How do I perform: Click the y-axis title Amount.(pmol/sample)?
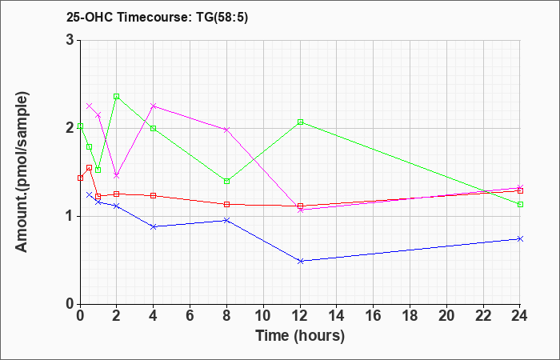pos(22,172)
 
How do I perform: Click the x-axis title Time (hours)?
pos(300,336)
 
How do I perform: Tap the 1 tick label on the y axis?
pos(70,217)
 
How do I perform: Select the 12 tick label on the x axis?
pos(300,316)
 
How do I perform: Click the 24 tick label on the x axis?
pos(520,316)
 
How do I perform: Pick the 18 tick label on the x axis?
pos(410,316)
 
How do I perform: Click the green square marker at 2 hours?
pos(117,97)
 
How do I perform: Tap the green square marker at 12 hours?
pos(300,122)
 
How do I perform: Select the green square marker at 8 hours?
pos(226,182)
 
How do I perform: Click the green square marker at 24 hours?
pos(520,205)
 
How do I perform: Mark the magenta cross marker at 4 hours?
pos(154,106)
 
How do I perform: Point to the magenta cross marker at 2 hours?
pos(117,176)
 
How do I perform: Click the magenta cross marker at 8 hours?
pos(226,130)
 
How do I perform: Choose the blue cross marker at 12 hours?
pos(300,261)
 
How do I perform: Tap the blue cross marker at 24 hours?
pos(520,238)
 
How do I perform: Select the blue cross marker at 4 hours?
pos(154,226)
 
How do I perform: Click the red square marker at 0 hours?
pos(80,178)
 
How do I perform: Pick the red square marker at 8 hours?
pos(226,205)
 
